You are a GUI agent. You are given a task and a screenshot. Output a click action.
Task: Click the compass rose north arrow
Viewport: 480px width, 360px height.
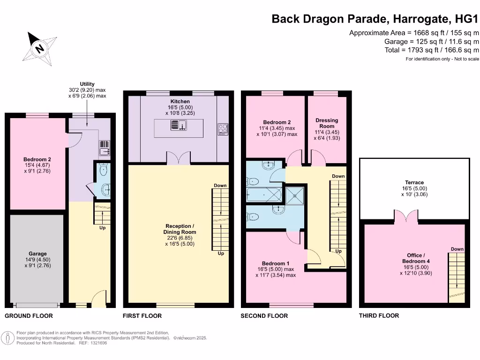pyautogui.click(x=39, y=47)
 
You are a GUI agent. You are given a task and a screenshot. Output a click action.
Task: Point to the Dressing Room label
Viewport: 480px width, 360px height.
pyautogui.click(x=327, y=123)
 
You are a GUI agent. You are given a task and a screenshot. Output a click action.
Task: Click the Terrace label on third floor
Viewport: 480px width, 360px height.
pyautogui.click(x=414, y=182)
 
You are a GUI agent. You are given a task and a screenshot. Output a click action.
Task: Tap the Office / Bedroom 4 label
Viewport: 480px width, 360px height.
pyautogui.click(x=416, y=258)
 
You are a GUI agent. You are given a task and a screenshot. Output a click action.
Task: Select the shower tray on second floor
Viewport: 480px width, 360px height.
pyautogui.click(x=295, y=195)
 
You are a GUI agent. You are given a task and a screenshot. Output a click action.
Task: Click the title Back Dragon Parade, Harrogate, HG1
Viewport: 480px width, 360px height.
pyautogui.click(x=375, y=19)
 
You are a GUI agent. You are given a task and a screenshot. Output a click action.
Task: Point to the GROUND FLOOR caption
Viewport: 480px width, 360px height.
pyautogui.click(x=29, y=316)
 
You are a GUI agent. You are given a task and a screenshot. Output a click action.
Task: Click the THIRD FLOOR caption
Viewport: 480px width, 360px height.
pyautogui.click(x=379, y=316)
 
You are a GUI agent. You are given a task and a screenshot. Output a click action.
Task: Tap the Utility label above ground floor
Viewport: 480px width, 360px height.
pyautogui.click(x=87, y=84)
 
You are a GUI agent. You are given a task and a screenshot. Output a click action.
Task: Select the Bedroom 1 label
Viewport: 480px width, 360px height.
pyautogui.click(x=276, y=263)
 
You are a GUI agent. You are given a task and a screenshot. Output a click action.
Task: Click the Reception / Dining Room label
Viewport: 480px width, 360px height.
pyautogui.click(x=180, y=229)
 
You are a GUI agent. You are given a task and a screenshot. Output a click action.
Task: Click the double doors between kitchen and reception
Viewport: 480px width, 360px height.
pyautogui.click(x=179, y=158)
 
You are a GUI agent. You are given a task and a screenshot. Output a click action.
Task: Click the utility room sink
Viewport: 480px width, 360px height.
pyautogui.click(x=105, y=148)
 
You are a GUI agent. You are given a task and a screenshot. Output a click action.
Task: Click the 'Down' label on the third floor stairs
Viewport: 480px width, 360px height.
pyautogui.click(x=457, y=249)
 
